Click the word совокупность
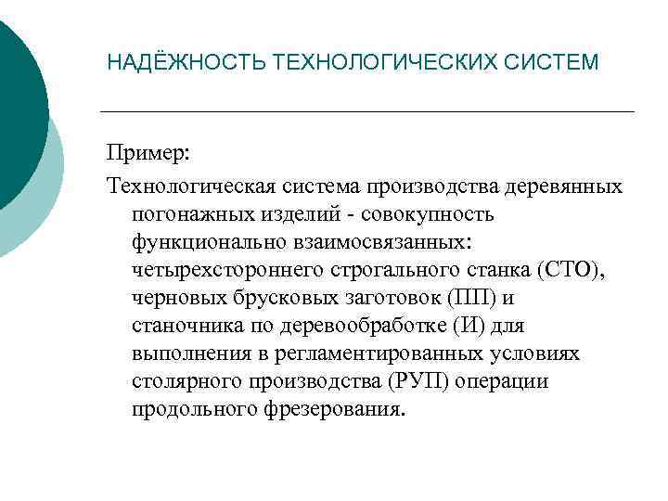click(437, 214)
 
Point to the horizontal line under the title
click(366, 112)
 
